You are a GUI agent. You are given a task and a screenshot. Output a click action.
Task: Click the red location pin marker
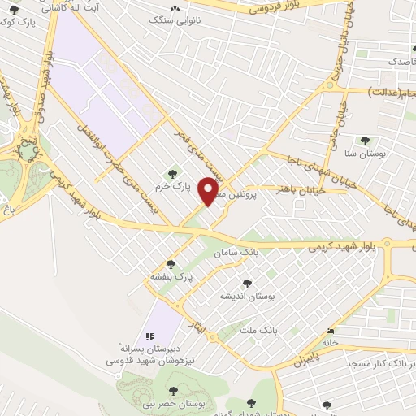[x=210, y=191]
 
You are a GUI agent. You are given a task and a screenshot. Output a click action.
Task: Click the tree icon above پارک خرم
[x=171, y=171]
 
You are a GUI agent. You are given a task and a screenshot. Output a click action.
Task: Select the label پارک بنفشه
[x=170, y=276]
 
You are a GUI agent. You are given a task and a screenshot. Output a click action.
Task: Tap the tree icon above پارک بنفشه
[x=170, y=263]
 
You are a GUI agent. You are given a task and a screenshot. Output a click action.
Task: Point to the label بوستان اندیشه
[x=249, y=297]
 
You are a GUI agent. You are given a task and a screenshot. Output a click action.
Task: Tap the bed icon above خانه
[x=329, y=331]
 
